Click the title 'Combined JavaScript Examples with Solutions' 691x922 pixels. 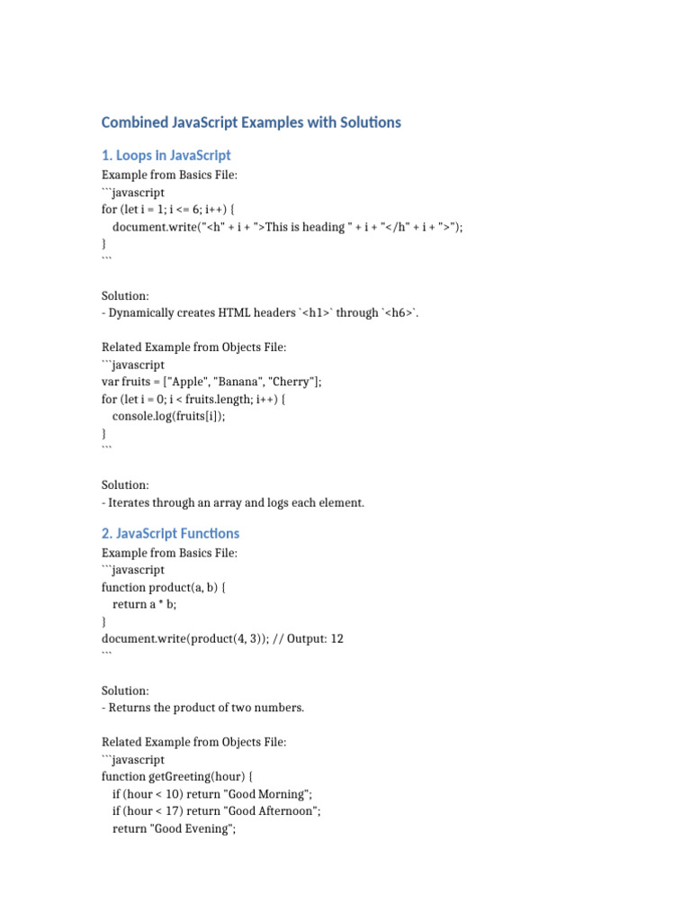251,122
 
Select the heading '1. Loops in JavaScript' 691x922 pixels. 166,155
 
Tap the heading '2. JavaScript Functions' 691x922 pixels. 171,533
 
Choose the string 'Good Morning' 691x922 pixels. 274,794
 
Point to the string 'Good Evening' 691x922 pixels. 197,828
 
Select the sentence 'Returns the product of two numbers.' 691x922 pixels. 206,708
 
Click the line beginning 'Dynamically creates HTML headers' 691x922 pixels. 260,312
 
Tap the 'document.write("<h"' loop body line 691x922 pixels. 287,227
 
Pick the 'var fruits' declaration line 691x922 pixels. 211,382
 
